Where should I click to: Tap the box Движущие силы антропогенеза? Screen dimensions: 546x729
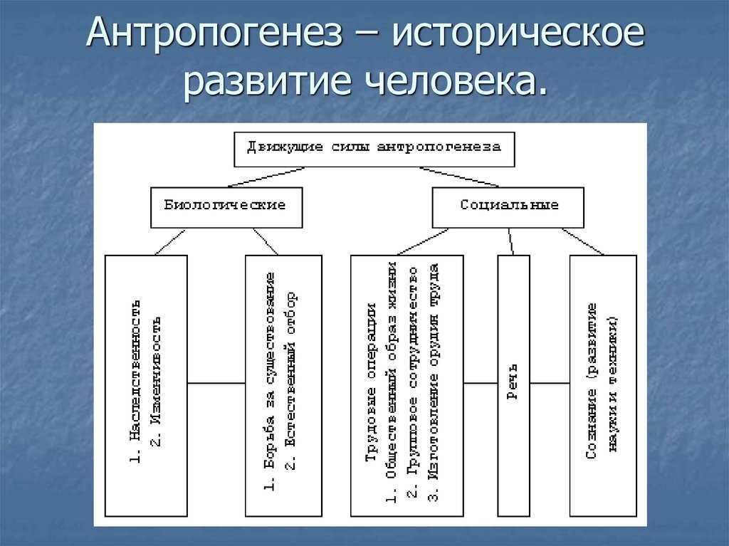[374, 149]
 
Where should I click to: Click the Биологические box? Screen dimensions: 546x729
[226, 206]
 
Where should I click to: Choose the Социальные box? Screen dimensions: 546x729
[508, 206]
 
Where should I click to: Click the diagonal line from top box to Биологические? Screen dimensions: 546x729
[271, 177]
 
